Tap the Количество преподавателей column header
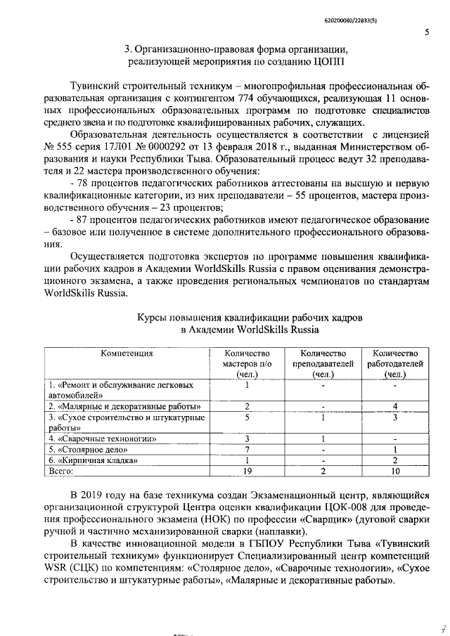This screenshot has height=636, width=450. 323,363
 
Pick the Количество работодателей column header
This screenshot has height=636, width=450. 395,363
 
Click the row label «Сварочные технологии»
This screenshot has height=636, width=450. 106,438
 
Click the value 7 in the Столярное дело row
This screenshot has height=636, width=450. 247,449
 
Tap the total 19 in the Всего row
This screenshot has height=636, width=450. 247,472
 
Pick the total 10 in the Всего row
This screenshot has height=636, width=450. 395,472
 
